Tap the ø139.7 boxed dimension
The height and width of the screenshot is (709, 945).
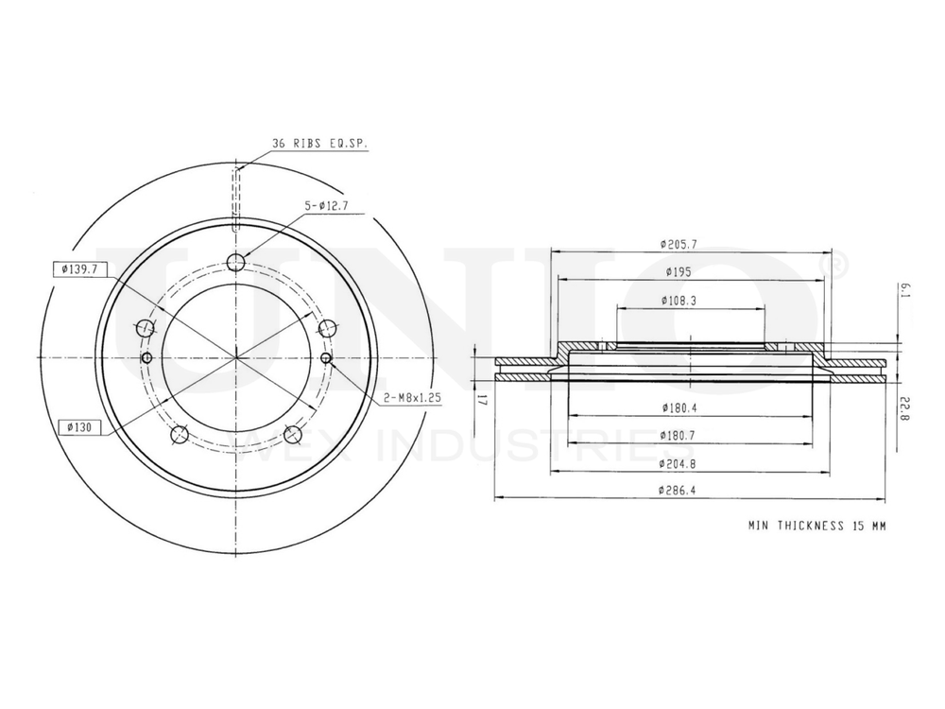[x=77, y=269]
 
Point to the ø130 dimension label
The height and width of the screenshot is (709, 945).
[x=77, y=427]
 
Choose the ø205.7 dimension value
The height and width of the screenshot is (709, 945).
[x=679, y=244]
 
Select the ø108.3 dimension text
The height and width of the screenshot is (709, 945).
[x=679, y=301]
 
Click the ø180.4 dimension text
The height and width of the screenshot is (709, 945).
[x=679, y=408]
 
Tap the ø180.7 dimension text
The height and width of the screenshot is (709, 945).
[x=679, y=436]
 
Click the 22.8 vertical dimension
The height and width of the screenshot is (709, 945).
[x=903, y=407]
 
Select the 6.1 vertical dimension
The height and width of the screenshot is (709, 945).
[x=903, y=288]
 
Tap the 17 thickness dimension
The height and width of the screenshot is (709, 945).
[x=481, y=399]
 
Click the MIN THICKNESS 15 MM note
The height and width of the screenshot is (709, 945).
[x=816, y=524]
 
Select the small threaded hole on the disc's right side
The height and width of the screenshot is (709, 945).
[x=326, y=357]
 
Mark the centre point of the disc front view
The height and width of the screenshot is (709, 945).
[x=236, y=357]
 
